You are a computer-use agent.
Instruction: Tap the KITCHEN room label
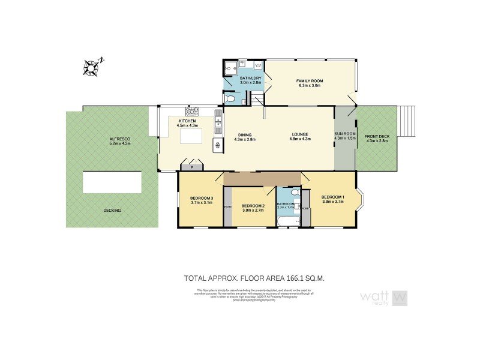(187, 122)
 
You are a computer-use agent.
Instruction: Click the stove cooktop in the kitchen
(193, 112)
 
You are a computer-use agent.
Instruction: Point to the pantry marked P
(192, 168)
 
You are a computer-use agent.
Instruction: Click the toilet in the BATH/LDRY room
(230, 98)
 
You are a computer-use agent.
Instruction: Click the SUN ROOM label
(344, 134)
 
